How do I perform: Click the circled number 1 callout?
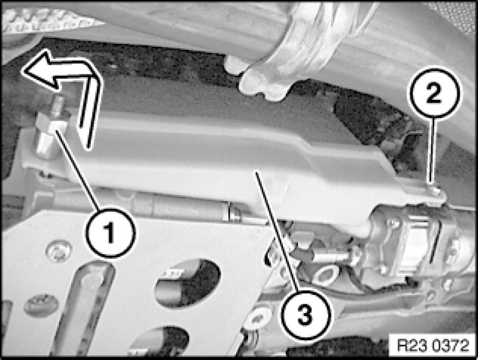click(x=110, y=233)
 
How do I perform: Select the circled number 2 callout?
click(x=434, y=93)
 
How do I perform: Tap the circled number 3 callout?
click(x=305, y=314)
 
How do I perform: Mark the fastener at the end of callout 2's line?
click(x=434, y=191)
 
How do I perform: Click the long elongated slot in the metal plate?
click(x=82, y=308)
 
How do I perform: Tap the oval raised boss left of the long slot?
click(x=41, y=305)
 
